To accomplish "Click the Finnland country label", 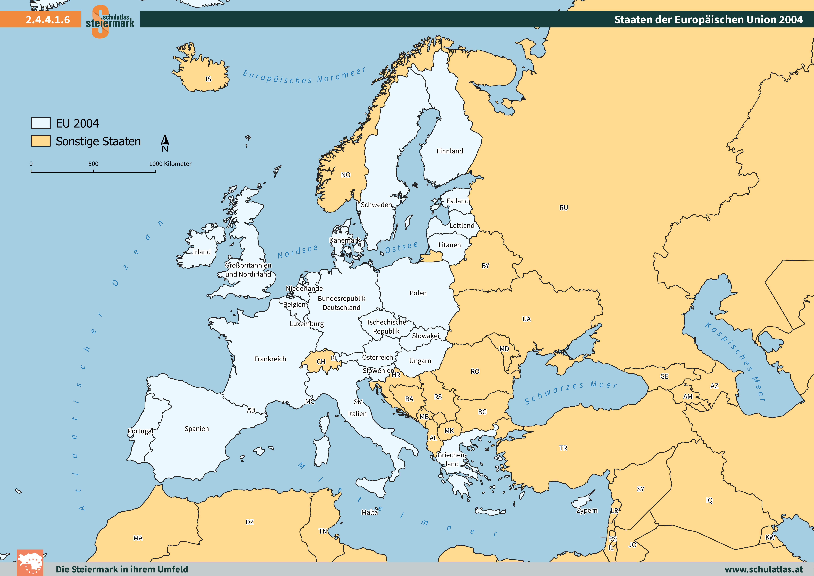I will pyautogui.click(x=450, y=151).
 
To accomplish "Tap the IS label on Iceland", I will pyautogui.click(x=209, y=79).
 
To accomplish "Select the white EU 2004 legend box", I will pyautogui.click(x=41, y=123).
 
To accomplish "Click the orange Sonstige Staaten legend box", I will pyautogui.click(x=41, y=141).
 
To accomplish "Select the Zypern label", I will pyautogui.click(x=587, y=510).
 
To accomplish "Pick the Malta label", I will pyautogui.click(x=369, y=512).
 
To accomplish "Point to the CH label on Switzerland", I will pyautogui.click(x=321, y=362).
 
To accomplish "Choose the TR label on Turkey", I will pyautogui.click(x=563, y=448).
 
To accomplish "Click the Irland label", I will pyautogui.click(x=202, y=252).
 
